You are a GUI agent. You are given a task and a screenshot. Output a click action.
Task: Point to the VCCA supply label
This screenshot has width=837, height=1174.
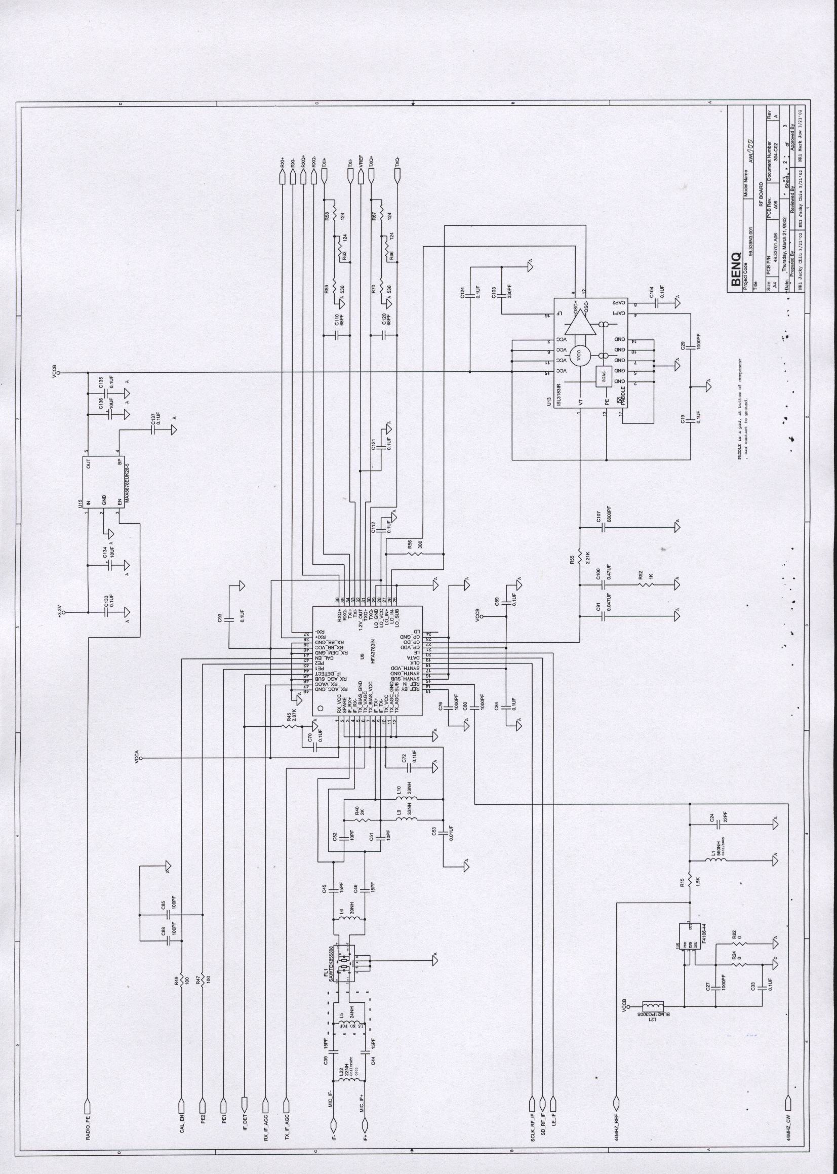(x=137, y=762)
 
